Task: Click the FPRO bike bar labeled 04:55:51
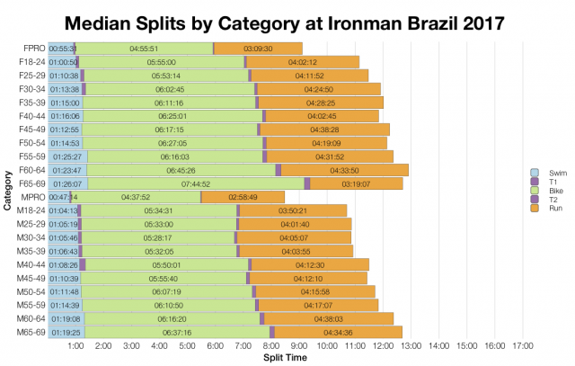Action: tap(144, 48)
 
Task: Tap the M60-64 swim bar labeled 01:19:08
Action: tap(66, 318)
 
